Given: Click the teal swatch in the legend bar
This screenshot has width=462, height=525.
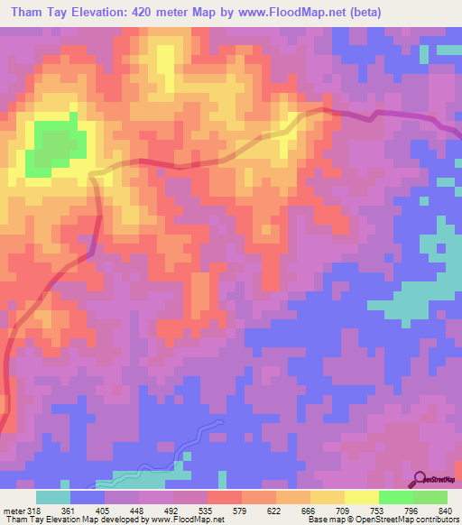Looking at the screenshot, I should (x=53, y=497).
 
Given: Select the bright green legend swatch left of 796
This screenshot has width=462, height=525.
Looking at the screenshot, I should (x=396, y=497).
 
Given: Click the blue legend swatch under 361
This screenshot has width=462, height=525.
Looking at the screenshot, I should (x=88, y=497).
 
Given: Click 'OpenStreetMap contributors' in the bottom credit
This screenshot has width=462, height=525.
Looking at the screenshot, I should (x=401, y=519).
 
